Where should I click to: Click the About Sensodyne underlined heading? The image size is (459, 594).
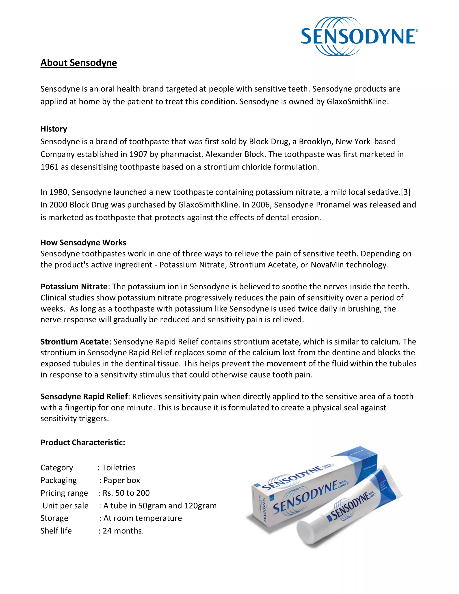(79, 63)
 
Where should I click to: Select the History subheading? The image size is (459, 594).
(54, 129)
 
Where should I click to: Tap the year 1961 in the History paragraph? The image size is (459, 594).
(50, 167)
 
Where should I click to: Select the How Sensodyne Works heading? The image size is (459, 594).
(83, 242)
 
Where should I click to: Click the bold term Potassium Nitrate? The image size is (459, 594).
(74, 287)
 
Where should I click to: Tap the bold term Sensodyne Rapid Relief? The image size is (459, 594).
(84, 397)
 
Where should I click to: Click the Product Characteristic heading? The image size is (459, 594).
(83, 442)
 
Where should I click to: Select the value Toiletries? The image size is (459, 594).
(119, 468)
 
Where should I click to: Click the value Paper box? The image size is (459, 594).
(121, 480)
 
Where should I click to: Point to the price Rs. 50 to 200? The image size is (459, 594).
(126, 493)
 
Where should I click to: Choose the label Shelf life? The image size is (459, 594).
(56, 531)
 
